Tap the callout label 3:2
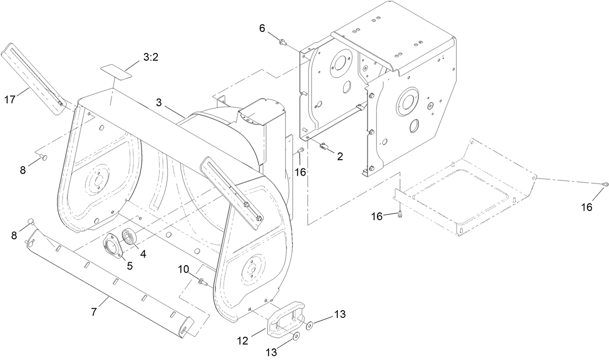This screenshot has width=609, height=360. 151,58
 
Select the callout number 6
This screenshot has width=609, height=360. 262,29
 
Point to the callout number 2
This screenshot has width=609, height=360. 340,156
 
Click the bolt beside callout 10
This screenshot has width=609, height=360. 203,282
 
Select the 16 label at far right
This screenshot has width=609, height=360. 587,207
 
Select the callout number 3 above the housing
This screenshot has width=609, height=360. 159,103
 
